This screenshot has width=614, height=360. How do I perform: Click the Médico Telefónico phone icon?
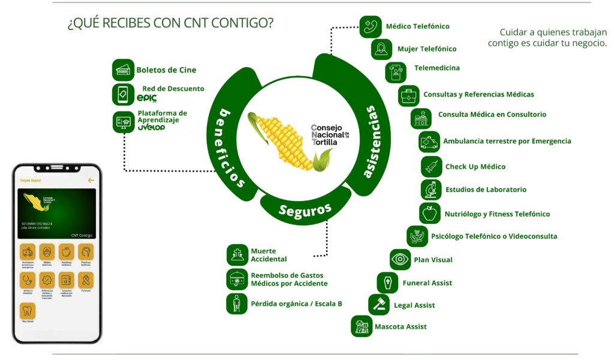(x=371, y=27)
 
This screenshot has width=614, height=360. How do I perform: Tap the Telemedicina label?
(x=437, y=68)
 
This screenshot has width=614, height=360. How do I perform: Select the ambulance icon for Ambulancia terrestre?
(x=429, y=142)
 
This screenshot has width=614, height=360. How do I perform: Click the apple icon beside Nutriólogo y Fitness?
(x=429, y=214)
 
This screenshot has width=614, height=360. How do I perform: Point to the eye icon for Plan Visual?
(x=400, y=260)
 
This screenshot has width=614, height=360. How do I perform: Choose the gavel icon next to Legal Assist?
(x=379, y=305)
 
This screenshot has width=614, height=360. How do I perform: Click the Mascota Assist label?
(x=401, y=327)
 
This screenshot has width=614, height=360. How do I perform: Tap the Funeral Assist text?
(x=427, y=283)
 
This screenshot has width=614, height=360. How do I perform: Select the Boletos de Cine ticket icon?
(x=123, y=70)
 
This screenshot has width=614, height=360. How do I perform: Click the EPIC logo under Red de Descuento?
(x=147, y=98)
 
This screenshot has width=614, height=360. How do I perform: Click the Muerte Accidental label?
(x=269, y=255)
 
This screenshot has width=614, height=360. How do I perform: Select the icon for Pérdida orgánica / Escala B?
(x=237, y=304)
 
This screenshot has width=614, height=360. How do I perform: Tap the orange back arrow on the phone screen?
(x=91, y=180)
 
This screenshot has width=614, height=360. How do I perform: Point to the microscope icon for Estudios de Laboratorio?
(x=431, y=190)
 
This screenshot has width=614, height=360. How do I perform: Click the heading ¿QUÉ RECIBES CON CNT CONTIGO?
(x=171, y=24)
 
